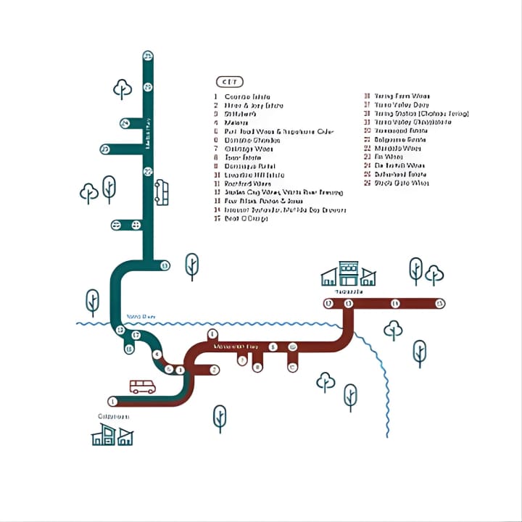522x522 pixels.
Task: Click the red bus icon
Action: tap(142, 386)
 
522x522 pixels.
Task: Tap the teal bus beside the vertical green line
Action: tap(162, 193)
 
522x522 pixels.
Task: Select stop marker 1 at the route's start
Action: tap(112, 401)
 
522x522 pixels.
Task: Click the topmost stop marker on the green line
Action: tap(148, 56)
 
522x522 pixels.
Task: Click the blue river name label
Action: tap(141, 316)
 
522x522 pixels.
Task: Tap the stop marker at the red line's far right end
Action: tap(440, 303)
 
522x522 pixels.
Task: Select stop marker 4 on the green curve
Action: tap(157, 355)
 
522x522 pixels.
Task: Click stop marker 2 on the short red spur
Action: tap(215, 370)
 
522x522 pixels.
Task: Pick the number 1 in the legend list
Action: tap(216, 96)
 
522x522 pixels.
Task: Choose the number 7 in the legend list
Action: tap(216, 149)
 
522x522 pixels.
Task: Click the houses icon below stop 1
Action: tap(112, 435)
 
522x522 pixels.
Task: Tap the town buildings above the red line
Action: tap(349, 274)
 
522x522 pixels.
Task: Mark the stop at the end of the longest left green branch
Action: tap(105, 149)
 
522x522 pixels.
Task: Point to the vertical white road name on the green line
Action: tap(149, 134)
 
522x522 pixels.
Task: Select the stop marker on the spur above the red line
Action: tap(212, 334)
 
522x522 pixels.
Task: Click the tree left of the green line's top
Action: tap(123, 89)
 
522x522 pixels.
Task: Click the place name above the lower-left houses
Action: tap(113, 416)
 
